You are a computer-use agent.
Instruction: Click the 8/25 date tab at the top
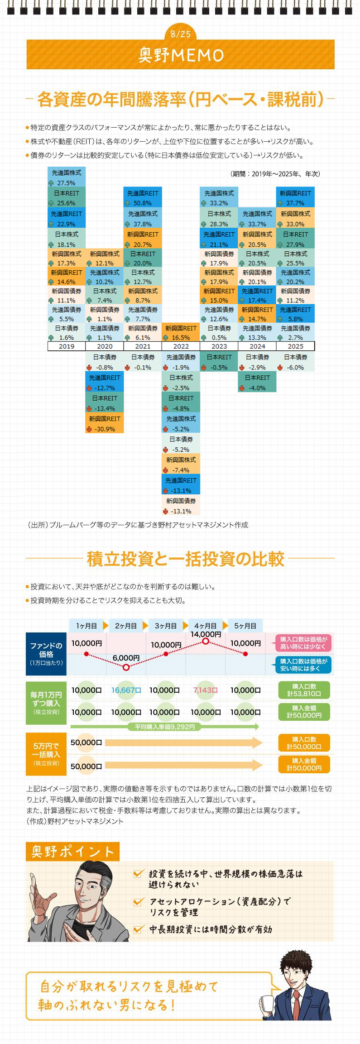pyautogui.click(x=181, y=34)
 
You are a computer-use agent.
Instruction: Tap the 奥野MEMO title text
pyautogui.click(x=181, y=55)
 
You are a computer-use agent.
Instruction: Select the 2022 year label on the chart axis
pyautogui.click(x=181, y=346)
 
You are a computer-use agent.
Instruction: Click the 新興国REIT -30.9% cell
pyautogui.click(x=105, y=424)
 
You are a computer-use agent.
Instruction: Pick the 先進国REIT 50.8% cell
pyautogui.click(x=143, y=198)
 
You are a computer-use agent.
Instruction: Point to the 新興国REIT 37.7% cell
pyautogui.click(x=295, y=198)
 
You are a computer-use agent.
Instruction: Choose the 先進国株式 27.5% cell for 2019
pyautogui.click(x=67, y=177)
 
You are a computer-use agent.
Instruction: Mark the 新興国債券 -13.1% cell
pyautogui.click(x=181, y=506)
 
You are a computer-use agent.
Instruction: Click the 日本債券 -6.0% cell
pyautogui.click(x=295, y=362)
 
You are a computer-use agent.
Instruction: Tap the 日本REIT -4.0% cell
pyautogui.click(x=257, y=383)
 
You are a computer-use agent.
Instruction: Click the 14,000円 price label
pyautogui.click(x=206, y=634)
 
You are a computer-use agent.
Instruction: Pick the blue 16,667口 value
pyautogui.click(x=126, y=690)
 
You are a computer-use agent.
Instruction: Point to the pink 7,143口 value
pyautogui.click(x=206, y=690)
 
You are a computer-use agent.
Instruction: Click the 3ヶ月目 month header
pyautogui.click(x=166, y=626)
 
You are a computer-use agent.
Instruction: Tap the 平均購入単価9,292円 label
pyautogui.click(x=165, y=727)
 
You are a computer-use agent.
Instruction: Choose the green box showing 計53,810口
pyautogui.click(x=304, y=690)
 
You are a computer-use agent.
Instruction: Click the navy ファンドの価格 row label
pyautogui.click(x=46, y=654)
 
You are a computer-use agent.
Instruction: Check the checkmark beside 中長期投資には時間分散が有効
pyautogui.click(x=139, y=929)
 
